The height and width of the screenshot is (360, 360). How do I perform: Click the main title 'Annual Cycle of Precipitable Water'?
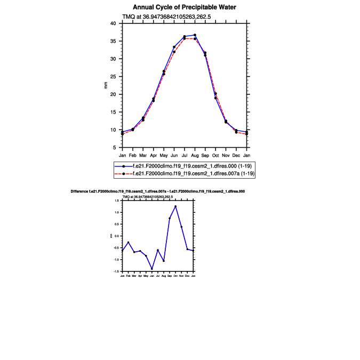pyautogui.click(x=185, y=7)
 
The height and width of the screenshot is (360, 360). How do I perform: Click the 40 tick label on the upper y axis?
pyautogui.click(x=113, y=23)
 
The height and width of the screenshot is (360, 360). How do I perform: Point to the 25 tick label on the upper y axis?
pyautogui.click(x=113, y=76)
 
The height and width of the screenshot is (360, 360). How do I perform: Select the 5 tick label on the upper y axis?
pyautogui.click(x=114, y=147)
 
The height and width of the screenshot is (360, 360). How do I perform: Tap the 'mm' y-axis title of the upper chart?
pyautogui.click(x=106, y=85)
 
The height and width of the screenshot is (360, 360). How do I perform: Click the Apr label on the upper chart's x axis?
pyautogui.click(x=154, y=155)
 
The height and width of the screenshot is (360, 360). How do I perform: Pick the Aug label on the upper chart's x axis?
pyautogui.click(x=195, y=155)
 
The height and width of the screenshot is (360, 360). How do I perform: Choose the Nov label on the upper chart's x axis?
pyautogui.click(x=226, y=155)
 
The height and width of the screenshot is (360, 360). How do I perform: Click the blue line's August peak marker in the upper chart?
pyautogui.click(x=195, y=35)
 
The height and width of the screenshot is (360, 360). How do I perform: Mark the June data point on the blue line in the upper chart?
pyautogui.click(x=174, y=47)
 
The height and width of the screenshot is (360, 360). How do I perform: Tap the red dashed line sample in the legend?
pyautogui.click(x=123, y=174)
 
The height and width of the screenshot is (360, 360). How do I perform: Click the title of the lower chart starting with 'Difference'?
pyautogui.click(x=157, y=190)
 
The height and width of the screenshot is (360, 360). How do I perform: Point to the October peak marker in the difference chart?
pyautogui.click(x=175, y=206)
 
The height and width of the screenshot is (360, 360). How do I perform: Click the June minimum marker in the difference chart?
pyautogui.click(x=152, y=269)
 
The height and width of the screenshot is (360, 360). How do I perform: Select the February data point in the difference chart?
pyautogui.click(x=129, y=242)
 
